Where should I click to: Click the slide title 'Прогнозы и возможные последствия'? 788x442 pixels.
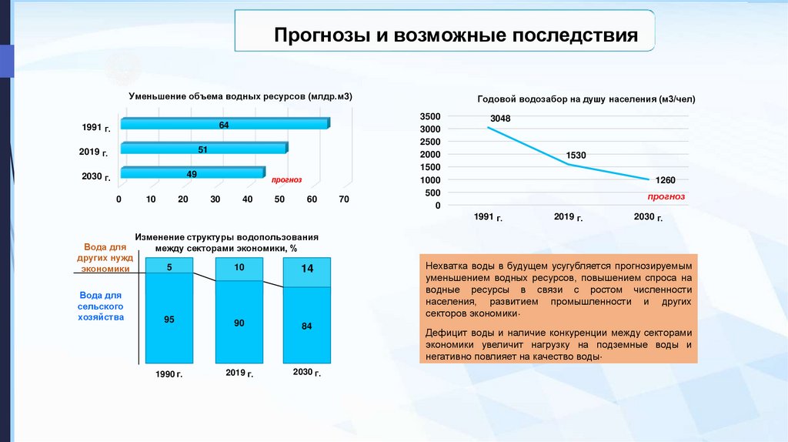pos(457,36)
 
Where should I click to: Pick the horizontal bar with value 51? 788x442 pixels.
pos(203,149)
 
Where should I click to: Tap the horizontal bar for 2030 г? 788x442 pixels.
pos(192,174)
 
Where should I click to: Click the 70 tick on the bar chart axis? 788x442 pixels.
pos(343,199)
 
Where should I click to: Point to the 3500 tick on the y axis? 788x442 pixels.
pos(430,116)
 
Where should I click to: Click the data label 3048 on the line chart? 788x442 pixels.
pos(500,118)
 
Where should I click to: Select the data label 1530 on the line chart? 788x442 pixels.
pos(576,156)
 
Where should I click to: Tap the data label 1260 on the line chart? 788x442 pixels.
pos(664,180)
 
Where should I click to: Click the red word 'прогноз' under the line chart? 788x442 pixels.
pos(666,196)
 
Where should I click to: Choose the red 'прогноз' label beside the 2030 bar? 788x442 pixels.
pos(285,179)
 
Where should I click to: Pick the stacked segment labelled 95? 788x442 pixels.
pos(169,318)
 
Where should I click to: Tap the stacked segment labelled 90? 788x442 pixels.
pos(239,323)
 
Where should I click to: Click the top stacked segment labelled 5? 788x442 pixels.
pos(169,267)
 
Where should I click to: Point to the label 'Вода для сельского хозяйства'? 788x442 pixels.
pos(101,306)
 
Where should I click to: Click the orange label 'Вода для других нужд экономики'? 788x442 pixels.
pos(105,259)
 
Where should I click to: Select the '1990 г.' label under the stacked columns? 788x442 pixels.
pos(169,374)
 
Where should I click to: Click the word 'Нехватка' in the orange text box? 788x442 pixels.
pos(446,264)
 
